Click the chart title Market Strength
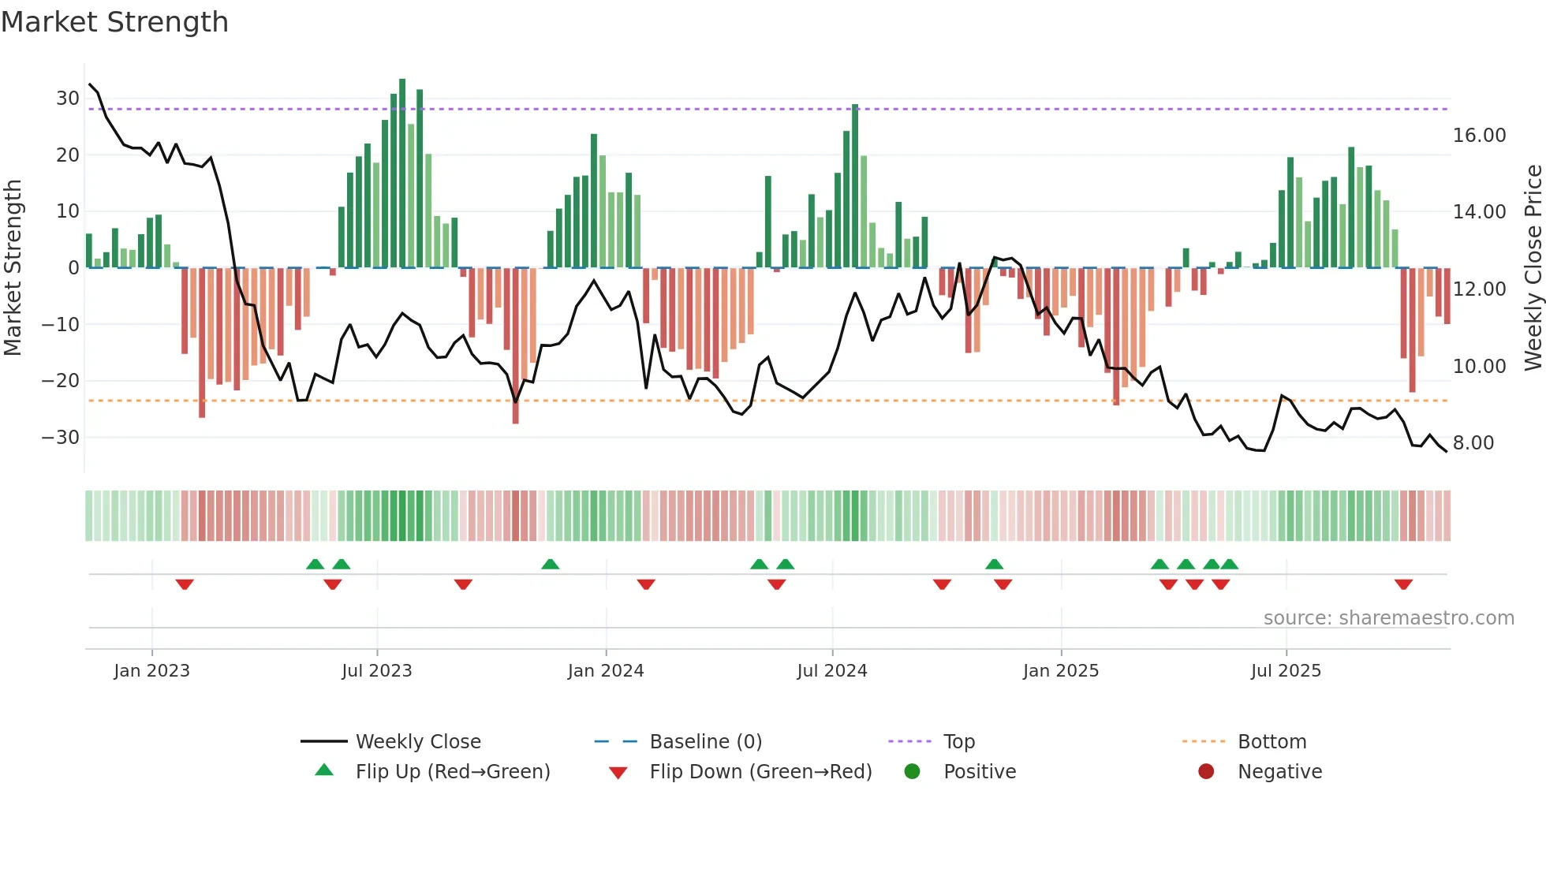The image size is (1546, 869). [114, 22]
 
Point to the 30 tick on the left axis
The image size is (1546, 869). [67, 99]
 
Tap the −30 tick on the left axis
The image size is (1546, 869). [61, 437]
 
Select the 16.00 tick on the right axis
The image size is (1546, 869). [1479, 136]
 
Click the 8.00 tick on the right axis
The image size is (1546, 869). [1473, 443]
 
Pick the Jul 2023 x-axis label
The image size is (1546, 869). [376, 671]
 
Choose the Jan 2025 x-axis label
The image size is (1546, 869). [1060, 671]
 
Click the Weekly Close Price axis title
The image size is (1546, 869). [1533, 267]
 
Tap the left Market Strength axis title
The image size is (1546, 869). [13, 267]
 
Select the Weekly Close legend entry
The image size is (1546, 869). [417, 742]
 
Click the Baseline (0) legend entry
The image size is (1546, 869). [705, 742]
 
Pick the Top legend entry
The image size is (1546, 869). [958, 742]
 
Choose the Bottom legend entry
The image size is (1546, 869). [1272, 742]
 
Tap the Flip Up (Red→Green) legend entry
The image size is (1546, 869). [452, 772]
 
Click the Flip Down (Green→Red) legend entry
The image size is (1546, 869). [760, 772]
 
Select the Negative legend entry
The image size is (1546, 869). [1279, 772]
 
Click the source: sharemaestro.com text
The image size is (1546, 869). [1388, 618]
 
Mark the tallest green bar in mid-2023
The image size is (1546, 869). [402, 173]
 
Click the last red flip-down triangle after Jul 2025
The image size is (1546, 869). [1403, 584]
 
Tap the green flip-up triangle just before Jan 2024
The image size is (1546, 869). [551, 564]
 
